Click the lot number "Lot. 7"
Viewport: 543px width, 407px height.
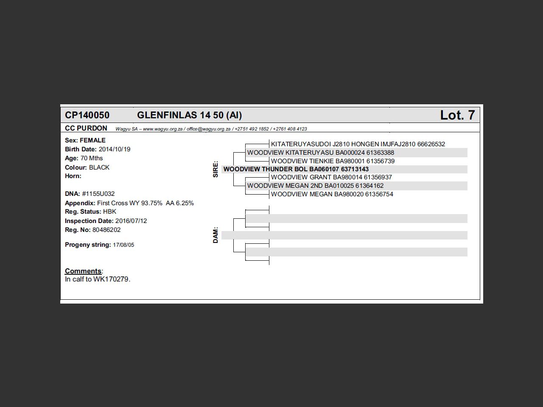click(x=457, y=115)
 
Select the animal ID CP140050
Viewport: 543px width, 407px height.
click(x=87, y=115)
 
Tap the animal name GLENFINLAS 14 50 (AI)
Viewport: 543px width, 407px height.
click(x=189, y=115)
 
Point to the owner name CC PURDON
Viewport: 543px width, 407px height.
click(x=86, y=128)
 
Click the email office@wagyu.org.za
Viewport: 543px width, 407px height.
click(x=208, y=129)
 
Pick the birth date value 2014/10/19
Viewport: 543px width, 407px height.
click(x=115, y=149)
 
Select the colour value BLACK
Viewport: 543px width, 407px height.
click(x=99, y=167)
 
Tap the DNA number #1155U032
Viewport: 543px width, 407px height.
click(x=98, y=194)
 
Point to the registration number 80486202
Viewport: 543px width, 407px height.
click(x=106, y=230)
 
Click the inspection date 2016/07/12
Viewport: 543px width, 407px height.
click(x=131, y=221)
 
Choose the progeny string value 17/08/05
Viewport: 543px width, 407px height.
click(x=123, y=245)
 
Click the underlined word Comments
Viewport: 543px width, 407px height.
click(x=83, y=271)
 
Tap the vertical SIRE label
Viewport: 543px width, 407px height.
click(x=216, y=169)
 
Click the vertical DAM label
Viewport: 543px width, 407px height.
click(x=216, y=235)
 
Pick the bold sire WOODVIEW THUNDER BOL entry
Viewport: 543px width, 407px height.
click(x=296, y=169)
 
